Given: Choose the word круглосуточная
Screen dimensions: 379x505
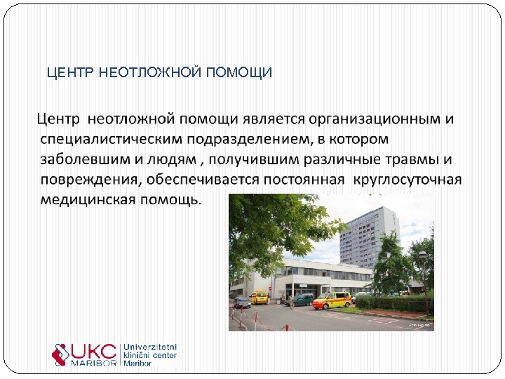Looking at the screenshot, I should [407, 179].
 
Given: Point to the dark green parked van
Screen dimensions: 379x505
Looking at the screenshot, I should [302, 300].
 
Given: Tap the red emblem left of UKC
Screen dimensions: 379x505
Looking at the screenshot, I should [61, 353].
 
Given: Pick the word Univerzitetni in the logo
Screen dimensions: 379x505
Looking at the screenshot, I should [150, 347].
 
